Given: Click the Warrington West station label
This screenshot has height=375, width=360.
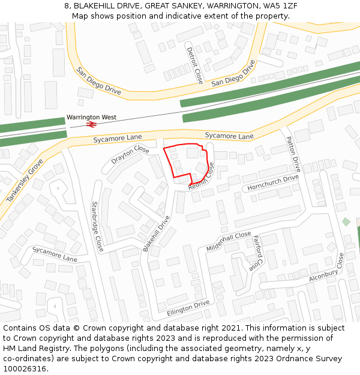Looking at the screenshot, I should (x=91, y=118).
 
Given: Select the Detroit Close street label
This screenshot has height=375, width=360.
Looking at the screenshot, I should (x=195, y=65).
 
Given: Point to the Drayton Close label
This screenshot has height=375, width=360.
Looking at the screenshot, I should (x=130, y=154).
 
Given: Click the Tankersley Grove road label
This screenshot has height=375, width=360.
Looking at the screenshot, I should (x=25, y=181).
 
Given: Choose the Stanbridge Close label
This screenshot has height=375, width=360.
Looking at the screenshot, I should (x=96, y=226).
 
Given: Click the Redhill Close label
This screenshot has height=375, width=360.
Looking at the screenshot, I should (x=201, y=177).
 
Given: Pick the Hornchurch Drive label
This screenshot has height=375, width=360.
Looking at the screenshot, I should (x=273, y=183).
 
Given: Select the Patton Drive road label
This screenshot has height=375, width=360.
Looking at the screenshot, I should (x=293, y=154).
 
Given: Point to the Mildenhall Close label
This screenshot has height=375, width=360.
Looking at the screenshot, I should (x=229, y=241).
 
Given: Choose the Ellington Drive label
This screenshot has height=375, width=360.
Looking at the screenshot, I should (x=188, y=307).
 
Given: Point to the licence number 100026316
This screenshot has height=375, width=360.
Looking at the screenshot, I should (x=26, y=368).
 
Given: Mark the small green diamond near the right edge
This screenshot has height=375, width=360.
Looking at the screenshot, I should (x=346, y=222).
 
